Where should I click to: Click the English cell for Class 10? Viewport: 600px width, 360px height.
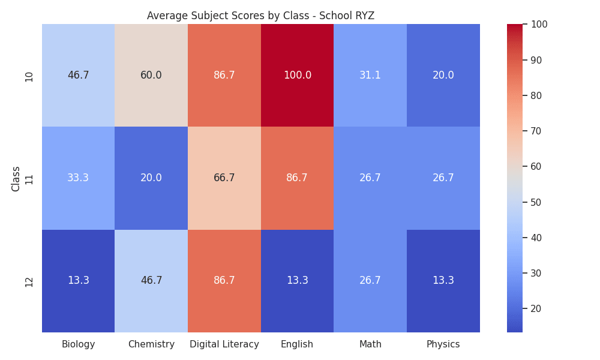(298, 76)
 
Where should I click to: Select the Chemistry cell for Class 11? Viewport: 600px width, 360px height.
(151, 178)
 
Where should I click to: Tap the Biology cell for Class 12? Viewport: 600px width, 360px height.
(79, 281)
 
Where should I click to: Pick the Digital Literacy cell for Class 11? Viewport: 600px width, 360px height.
(224, 178)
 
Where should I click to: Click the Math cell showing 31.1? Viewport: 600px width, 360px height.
(370, 76)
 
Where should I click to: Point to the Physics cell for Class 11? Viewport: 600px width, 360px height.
(443, 178)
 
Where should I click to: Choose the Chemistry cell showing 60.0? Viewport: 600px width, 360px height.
(151, 76)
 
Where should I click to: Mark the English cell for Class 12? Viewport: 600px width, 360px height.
(298, 281)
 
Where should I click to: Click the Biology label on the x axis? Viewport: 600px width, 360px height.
(79, 344)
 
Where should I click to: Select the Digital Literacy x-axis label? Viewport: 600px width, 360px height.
(224, 344)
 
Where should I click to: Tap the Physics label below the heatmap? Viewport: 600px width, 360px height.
(443, 344)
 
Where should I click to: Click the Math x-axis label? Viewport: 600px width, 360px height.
(370, 344)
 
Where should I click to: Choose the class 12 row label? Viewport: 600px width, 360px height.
(29, 282)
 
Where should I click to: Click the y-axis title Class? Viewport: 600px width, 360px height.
(16, 179)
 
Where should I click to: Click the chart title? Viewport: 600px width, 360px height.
(260, 16)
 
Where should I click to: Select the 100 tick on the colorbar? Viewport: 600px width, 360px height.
(539, 25)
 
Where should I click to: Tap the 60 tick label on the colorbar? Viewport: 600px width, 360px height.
(536, 166)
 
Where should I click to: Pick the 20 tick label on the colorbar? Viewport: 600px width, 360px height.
(536, 309)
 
